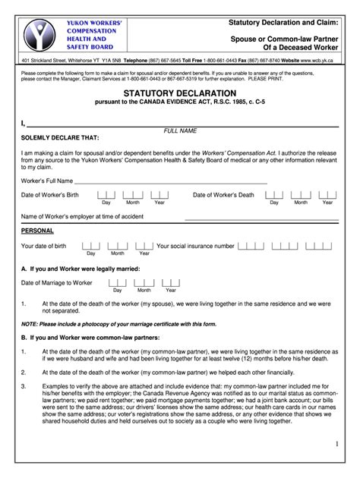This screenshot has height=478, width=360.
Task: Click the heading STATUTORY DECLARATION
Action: (x=179, y=93)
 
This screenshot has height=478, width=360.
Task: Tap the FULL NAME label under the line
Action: (x=180, y=131)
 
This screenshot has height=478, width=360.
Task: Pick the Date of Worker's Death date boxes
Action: (x=300, y=195)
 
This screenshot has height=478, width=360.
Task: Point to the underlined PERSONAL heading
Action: (x=37, y=231)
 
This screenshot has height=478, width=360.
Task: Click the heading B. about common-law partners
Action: (x=90, y=337)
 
